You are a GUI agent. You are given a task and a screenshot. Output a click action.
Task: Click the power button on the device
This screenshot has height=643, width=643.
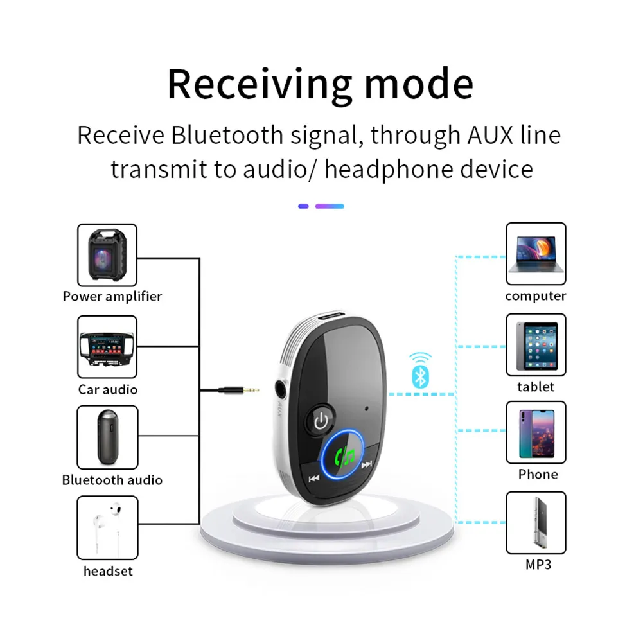click(321, 421)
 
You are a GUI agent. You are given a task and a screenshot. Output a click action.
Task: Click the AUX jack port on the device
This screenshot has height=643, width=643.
click(281, 389)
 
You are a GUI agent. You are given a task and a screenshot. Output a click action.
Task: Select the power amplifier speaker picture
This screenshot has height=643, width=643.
click(107, 255)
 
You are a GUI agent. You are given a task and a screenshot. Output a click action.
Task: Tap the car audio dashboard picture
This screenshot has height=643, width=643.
click(107, 348)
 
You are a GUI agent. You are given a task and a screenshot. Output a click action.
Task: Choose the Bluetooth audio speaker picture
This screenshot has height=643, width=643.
click(107, 437)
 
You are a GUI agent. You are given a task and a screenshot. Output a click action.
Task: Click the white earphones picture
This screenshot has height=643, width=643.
click(108, 527)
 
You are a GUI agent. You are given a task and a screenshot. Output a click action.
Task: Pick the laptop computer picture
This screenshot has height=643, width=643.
click(536, 254)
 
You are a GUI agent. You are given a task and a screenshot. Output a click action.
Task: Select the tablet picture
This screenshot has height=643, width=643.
click(537, 346)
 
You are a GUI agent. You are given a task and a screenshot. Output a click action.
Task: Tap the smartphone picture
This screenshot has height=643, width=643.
click(536, 434)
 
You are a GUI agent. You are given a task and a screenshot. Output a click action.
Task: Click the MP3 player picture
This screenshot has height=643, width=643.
click(540, 522)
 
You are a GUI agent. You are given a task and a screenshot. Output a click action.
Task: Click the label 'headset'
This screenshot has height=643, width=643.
click(108, 571)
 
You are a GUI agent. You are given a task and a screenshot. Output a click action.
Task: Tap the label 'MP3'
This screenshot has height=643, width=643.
click(538, 565)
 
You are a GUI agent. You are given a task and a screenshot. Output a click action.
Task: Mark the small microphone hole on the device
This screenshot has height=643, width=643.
click(366, 409)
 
